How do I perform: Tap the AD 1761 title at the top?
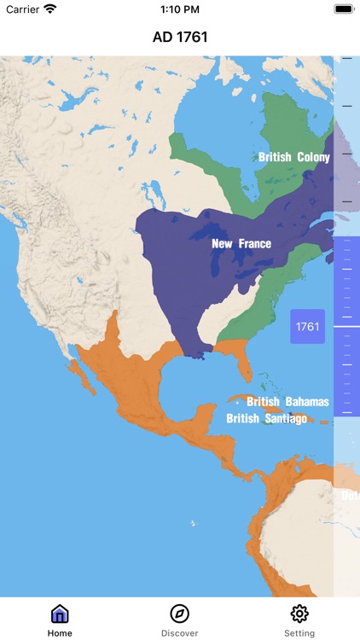[x=180, y=37]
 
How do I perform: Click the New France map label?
[x=241, y=244]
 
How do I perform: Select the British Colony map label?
[x=293, y=157]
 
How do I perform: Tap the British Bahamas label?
[x=287, y=402]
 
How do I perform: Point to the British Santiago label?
[x=266, y=418]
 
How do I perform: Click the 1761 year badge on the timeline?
[x=307, y=327]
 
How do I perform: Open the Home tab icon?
[x=60, y=614]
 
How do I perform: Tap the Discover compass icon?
[x=180, y=614]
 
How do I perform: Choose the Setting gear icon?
[x=299, y=614]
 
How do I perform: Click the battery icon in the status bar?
[x=343, y=9]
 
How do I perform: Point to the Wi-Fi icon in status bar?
[x=50, y=9]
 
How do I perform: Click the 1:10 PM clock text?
[x=180, y=9]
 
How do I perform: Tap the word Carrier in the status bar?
[x=22, y=9]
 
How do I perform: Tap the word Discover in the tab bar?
[x=180, y=633]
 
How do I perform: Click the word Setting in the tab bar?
[x=299, y=633]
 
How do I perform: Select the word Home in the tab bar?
[x=60, y=633]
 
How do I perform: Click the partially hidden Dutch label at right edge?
[x=350, y=495]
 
